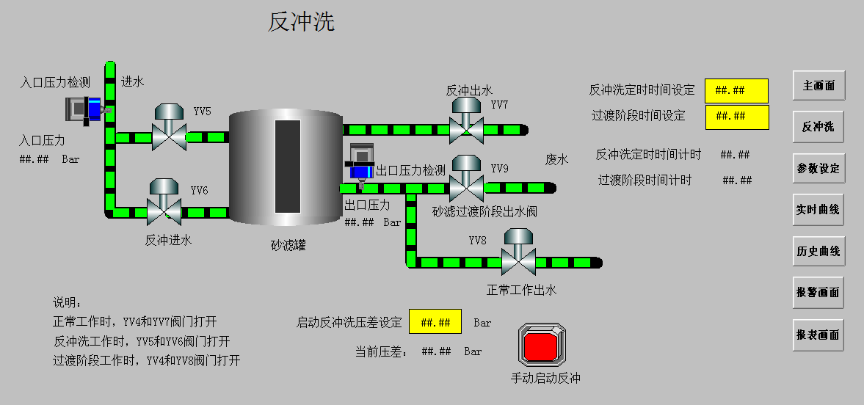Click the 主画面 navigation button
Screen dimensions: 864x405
click(818, 86)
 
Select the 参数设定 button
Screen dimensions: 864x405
click(818, 168)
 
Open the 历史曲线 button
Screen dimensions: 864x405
click(818, 251)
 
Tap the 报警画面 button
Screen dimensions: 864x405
click(818, 292)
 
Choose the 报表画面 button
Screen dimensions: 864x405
click(818, 335)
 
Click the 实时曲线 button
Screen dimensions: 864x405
click(818, 210)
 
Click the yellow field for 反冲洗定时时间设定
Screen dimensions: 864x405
click(736, 90)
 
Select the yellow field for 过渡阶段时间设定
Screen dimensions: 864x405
click(736, 117)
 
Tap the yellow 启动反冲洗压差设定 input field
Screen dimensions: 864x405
click(435, 321)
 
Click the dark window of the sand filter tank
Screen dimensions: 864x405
click(287, 166)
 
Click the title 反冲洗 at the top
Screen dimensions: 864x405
click(301, 22)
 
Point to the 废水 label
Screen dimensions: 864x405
click(556, 160)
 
